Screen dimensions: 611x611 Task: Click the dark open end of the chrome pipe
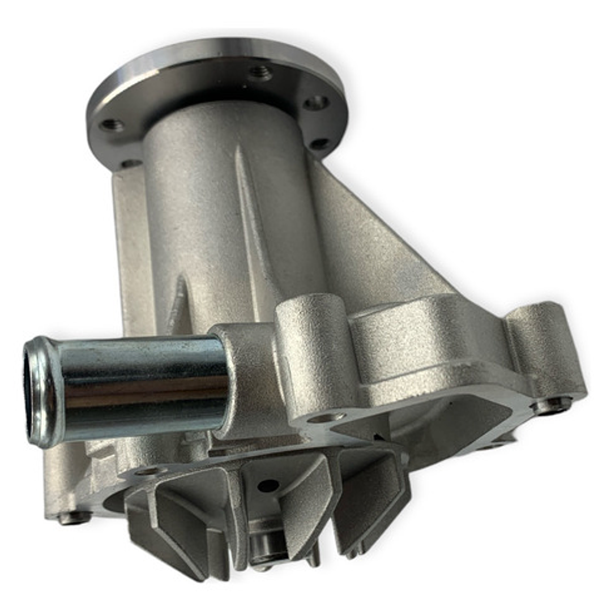35,391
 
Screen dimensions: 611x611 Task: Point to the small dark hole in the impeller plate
268,485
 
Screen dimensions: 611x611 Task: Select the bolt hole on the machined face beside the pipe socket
326,418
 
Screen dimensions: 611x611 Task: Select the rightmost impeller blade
374,498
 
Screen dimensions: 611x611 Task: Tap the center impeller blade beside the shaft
306,498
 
